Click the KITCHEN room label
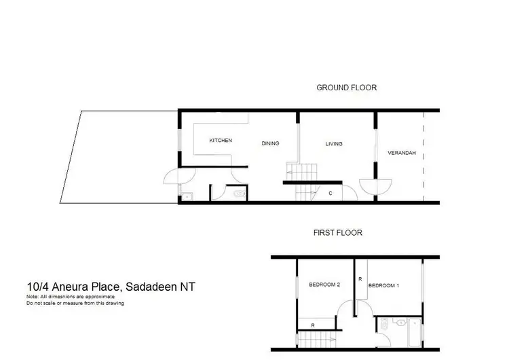[x=221, y=141]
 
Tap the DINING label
[x=271, y=143]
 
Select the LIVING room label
[x=333, y=143]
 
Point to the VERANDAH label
[x=401, y=154]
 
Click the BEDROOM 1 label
[x=383, y=285]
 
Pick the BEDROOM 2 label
[x=324, y=284]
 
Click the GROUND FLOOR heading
[x=346, y=88]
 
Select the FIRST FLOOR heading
[x=337, y=232]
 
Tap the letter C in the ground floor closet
[x=331, y=194]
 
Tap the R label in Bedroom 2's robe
[x=313, y=325]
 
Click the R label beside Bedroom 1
[x=360, y=279]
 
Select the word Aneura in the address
[x=71, y=287]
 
